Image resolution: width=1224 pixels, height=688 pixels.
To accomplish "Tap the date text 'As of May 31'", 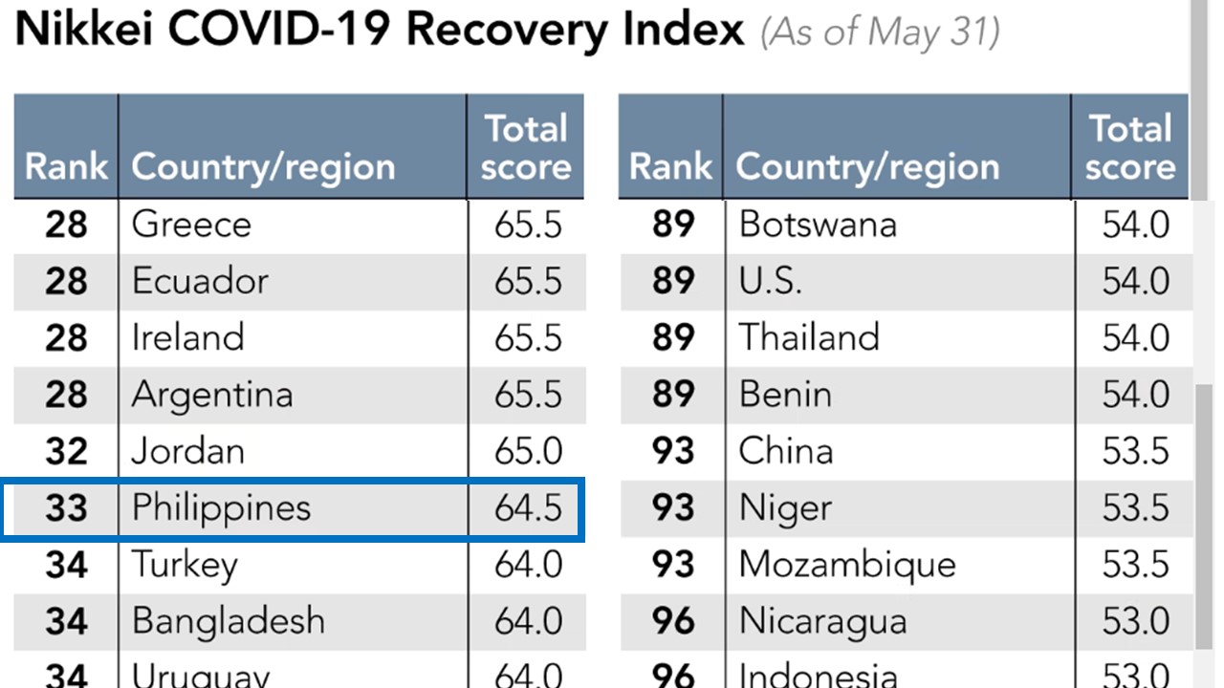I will click(x=880, y=32).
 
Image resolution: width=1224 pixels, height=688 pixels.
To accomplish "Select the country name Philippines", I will click(x=221, y=507).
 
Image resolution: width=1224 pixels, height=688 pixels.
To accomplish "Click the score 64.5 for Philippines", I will click(x=528, y=507).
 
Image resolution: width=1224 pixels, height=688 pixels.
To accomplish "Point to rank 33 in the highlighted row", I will click(x=66, y=508).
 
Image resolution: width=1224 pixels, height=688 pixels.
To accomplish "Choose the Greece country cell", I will click(x=191, y=225).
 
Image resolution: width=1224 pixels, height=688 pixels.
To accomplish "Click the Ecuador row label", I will click(x=200, y=281).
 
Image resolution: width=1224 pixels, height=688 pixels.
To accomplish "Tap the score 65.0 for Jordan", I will click(x=528, y=451).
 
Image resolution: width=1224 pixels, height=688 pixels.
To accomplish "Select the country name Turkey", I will click(x=185, y=565).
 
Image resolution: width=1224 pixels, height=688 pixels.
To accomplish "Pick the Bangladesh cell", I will click(x=229, y=621).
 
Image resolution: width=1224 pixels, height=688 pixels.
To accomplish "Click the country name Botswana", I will click(x=818, y=225).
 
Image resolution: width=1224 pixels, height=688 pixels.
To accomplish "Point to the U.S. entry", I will click(x=771, y=281).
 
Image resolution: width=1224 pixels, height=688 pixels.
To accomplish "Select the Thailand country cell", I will click(x=809, y=337).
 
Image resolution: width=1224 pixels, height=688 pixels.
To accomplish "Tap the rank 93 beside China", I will click(x=672, y=451).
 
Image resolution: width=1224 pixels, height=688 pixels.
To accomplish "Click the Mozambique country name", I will click(x=847, y=564).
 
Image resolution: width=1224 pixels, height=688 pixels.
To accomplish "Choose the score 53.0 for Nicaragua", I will click(x=1135, y=621).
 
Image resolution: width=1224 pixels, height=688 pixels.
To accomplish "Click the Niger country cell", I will click(x=786, y=507).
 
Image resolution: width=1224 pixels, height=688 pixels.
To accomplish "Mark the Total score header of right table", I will click(x=1130, y=147).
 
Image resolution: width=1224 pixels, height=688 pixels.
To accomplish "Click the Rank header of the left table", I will click(x=66, y=166).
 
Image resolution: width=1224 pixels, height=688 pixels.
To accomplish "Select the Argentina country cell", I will click(x=212, y=395).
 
